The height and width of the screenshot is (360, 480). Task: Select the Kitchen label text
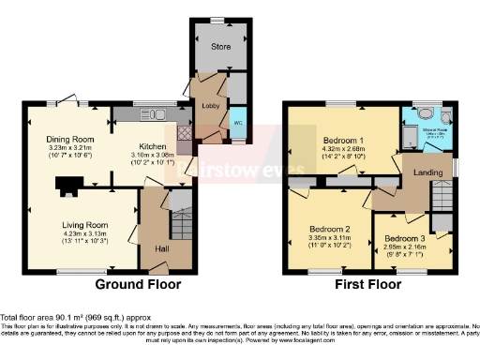(152, 148)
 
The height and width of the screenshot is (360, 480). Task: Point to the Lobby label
(210, 107)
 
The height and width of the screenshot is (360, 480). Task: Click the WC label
(236, 122)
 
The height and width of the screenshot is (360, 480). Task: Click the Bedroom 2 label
(331, 229)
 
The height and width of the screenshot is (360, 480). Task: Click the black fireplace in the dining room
(68, 185)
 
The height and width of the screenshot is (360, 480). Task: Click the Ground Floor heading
(139, 284)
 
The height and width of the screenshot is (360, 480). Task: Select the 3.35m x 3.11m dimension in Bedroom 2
(331, 238)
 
